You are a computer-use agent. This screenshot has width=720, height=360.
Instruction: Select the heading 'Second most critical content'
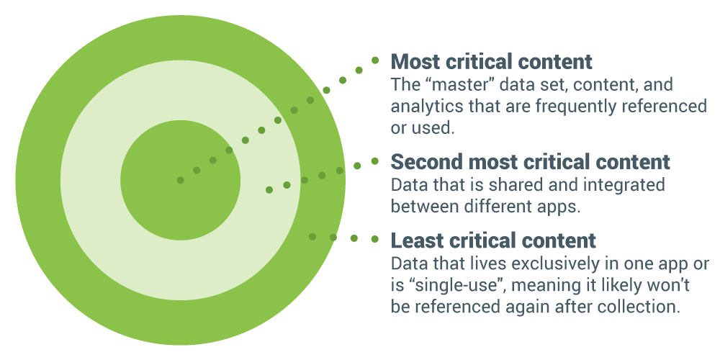530,161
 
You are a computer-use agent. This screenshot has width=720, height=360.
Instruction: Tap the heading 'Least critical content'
493,240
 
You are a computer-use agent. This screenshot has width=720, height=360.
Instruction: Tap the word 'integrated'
626,185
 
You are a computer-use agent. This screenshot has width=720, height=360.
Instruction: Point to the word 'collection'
641,306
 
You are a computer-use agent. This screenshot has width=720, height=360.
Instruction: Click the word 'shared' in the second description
528,185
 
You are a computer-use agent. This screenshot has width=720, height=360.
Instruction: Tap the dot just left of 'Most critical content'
375,61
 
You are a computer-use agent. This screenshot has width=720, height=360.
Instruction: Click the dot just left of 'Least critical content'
374,239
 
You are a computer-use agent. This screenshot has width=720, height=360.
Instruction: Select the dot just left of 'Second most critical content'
375,161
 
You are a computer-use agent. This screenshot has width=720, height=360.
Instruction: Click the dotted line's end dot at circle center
180,180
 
